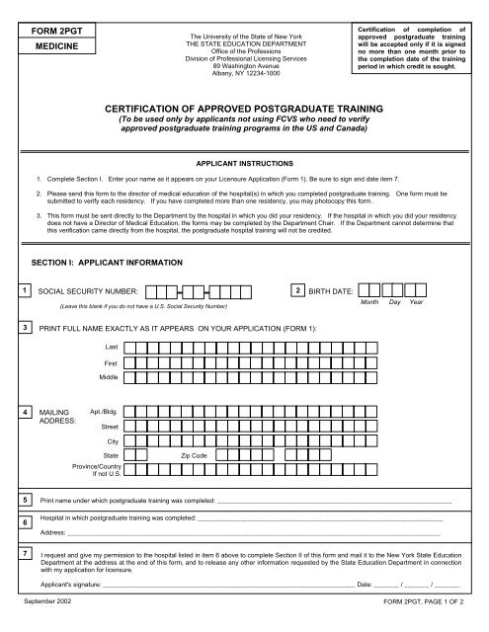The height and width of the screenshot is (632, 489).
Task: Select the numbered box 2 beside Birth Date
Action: point(298,290)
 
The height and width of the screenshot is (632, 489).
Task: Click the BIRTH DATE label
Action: point(335,292)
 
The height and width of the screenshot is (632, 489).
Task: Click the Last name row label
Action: point(112,347)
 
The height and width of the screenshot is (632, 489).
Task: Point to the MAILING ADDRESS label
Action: point(54,416)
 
